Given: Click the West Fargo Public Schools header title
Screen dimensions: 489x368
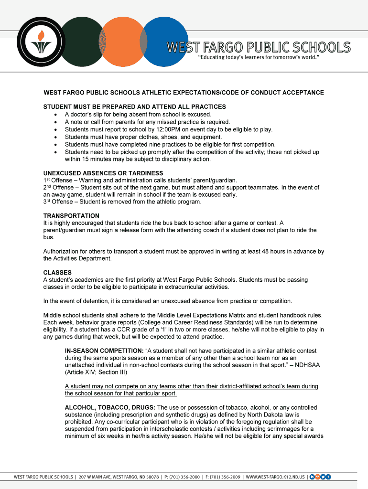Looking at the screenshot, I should tap(258, 48).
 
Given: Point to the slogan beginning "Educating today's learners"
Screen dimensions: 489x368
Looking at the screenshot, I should tap(259, 58).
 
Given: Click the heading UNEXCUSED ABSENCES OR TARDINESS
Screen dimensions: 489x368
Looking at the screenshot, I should tap(103, 173).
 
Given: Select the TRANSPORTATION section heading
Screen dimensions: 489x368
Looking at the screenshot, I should tap(71, 216).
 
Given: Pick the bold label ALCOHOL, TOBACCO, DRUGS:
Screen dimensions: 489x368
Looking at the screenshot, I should tap(110, 408).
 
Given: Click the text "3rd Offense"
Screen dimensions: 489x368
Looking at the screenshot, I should tap(58, 202).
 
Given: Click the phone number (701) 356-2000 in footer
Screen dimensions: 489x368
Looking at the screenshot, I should tap(184, 477).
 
